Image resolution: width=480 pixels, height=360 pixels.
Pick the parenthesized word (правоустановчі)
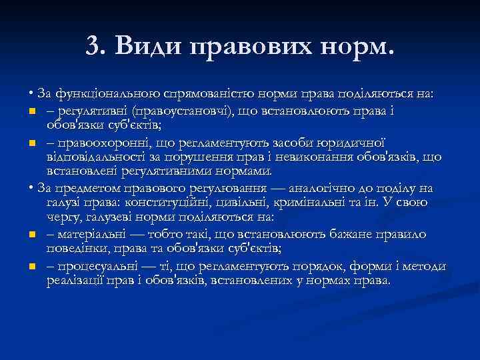pos(172,109)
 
